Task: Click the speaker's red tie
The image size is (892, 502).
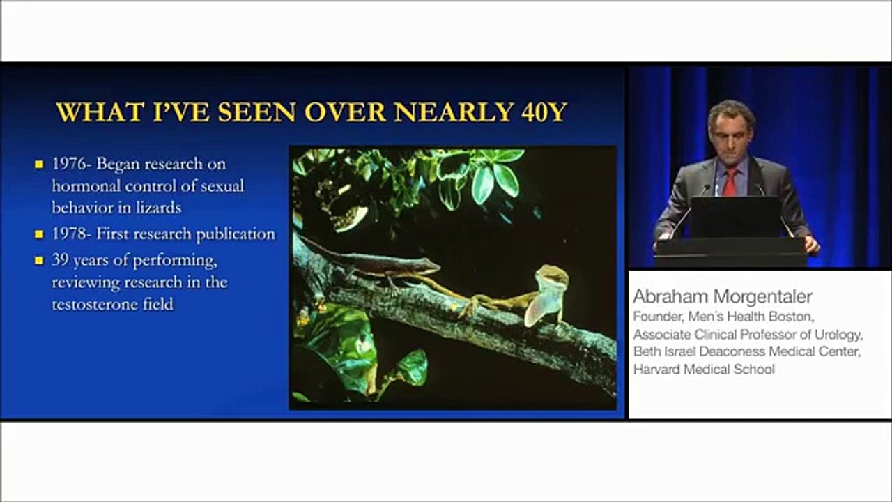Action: click(730, 182)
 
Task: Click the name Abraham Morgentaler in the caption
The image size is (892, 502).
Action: click(723, 296)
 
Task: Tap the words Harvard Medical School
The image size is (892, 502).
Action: click(703, 370)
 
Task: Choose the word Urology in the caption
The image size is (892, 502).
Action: click(838, 333)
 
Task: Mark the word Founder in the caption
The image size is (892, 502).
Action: click(656, 316)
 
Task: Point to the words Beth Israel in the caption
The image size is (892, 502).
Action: click(662, 351)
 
